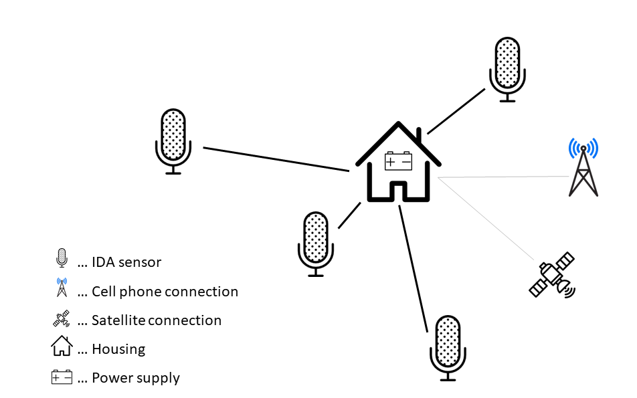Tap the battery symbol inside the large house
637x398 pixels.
(x=398, y=161)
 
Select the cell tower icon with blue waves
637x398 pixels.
(x=583, y=167)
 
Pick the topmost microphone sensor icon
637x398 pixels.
(x=507, y=70)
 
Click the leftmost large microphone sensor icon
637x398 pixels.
(x=173, y=141)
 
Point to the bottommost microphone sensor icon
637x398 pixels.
(x=448, y=348)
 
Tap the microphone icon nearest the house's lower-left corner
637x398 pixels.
(x=316, y=244)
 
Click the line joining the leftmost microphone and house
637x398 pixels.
(x=276, y=159)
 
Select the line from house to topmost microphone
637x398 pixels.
(x=456, y=111)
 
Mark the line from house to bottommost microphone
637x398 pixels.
(x=413, y=268)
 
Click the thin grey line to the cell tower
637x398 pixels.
(x=504, y=177)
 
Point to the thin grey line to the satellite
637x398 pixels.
(x=486, y=219)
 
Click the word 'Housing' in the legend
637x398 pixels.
(x=118, y=349)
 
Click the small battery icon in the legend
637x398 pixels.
(x=62, y=377)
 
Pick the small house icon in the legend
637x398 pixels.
(x=62, y=346)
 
